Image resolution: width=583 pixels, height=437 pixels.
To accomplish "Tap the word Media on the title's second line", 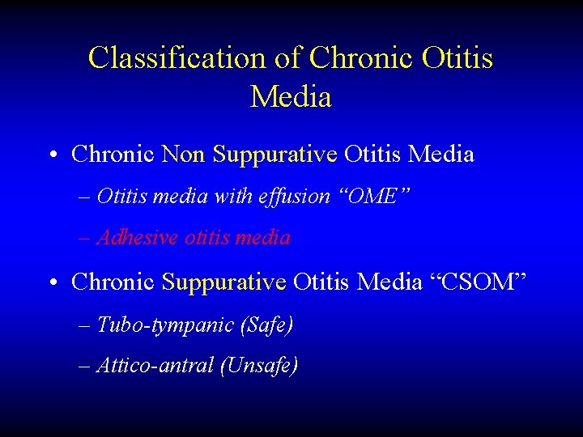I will pos(291,97).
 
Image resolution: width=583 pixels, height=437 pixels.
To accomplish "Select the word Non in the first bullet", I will pos(184,153).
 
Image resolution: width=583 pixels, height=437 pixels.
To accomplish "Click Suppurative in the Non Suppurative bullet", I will pos(274,153).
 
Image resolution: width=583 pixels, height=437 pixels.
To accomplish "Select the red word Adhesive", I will pos(138,238).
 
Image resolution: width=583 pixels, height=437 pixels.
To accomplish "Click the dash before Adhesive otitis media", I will pos(86,239).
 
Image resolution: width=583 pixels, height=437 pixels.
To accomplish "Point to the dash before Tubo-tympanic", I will pos(86,326).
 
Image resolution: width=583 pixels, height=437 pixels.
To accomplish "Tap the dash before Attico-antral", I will pos(86,367).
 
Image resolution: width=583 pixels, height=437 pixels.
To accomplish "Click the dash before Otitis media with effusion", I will pos(86,197).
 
